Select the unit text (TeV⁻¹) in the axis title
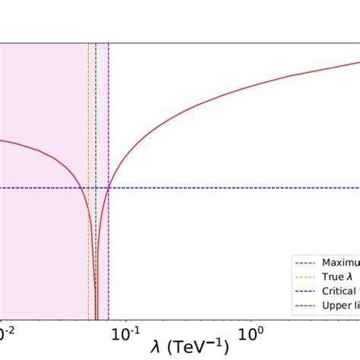pyautogui.click(x=199, y=346)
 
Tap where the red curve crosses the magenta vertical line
pyautogui.click(x=109, y=188)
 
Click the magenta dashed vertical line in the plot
pyautogui.click(x=109, y=114)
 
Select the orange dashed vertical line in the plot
pyautogui.click(x=88, y=114)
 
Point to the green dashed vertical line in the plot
pyautogui.click(x=96, y=114)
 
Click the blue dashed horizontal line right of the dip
pyautogui.click(x=228, y=188)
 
